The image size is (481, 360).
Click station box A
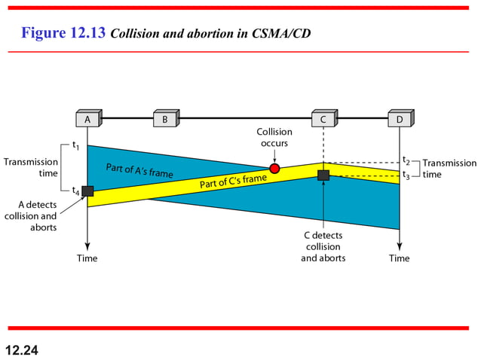(x=88, y=119)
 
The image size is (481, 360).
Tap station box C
(x=323, y=119)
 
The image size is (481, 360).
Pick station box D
(x=400, y=119)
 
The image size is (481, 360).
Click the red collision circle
(x=274, y=168)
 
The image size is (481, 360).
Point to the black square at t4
(x=87, y=191)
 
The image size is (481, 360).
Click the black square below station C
(x=323, y=175)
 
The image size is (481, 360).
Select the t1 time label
(x=76, y=145)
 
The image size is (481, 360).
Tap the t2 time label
(x=406, y=161)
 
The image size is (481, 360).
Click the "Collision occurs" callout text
(x=274, y=137)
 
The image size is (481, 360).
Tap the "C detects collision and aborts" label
(x=323, y=246)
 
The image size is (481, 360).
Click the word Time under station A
(x=87, y=258)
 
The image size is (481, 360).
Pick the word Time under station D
(x=399, y=258)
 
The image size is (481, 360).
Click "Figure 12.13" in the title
(x=63, y=33)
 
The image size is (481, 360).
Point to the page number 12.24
(x=21, y=349)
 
